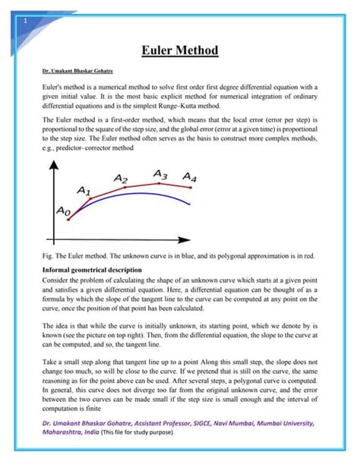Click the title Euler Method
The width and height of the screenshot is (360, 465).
pyautogui.click(x=180, y=51)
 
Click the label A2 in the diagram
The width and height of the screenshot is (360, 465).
pyautogui.click(x=121, y=177)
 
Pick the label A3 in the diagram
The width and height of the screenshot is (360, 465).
pyautogui.click(x=159, y=174)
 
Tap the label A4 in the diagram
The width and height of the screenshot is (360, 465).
pyautogui.click(x=189, y=177)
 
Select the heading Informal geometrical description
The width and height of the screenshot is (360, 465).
pyautogui.click(x=93, y=269)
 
